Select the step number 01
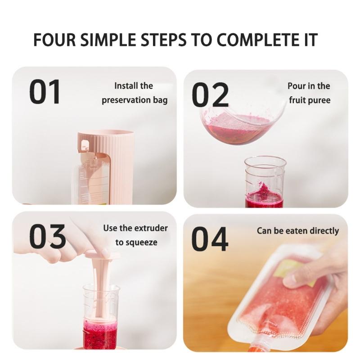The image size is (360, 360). click(45, 92)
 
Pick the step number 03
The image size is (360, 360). click(47, 237)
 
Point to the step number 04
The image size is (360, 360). click(210, 239)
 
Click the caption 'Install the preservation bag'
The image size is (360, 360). click(134, 93)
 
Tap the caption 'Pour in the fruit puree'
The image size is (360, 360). click(309, 93)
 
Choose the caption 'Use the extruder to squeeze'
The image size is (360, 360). click(135, 235)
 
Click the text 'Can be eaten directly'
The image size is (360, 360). click(297, 231)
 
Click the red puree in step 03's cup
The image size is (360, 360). click(100, 333)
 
